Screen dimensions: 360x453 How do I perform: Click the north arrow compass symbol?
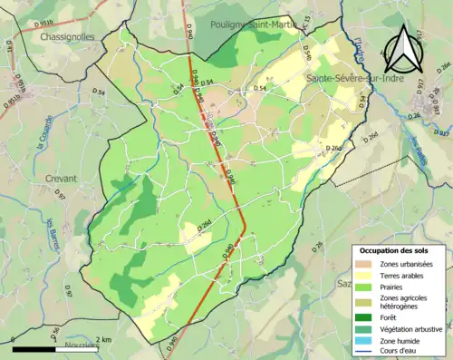(400, 50)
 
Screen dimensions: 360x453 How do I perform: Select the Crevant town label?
(61, 179)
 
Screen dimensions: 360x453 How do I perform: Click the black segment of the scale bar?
(32, 347)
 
